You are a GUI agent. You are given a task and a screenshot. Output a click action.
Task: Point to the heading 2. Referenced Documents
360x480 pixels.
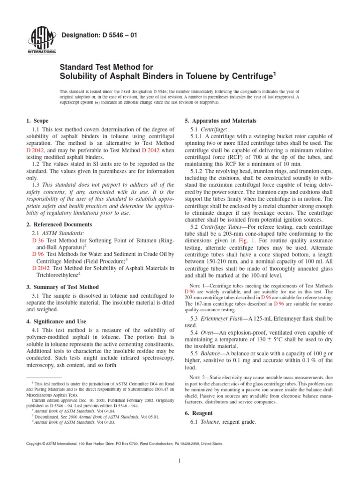tap(58, 225)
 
